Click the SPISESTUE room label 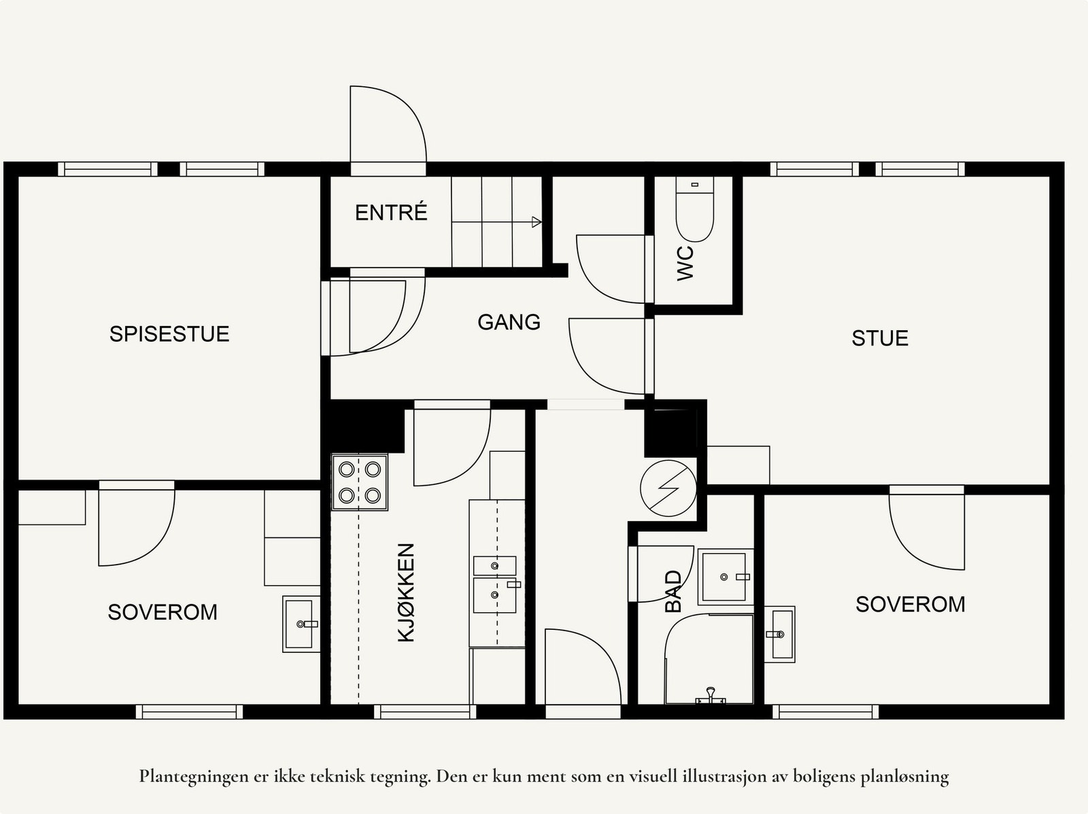(169, 334)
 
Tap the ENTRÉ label (391, 212)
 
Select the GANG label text (509, 322)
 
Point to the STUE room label (880, 338)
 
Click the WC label (685, 263)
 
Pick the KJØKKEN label (406, 592)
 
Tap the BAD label (674, 591)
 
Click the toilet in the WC (694, 209)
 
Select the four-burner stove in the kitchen (360, 482)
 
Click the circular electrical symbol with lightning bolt (668, 489)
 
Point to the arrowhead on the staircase (537, 222)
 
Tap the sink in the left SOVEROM (301, 624)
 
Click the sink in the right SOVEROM (780, 634)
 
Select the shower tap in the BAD (711, 696)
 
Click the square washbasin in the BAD (726, 577)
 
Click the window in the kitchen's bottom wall (425, 712)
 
